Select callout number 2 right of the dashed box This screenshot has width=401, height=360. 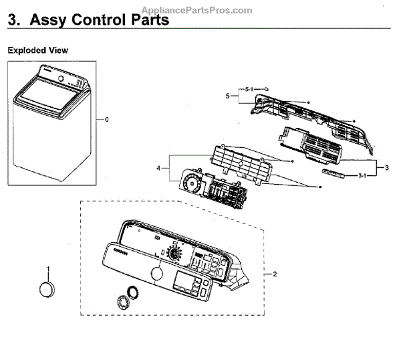coord(274,274)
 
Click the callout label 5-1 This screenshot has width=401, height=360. coord(249,89)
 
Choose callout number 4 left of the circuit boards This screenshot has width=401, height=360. coord(158,168)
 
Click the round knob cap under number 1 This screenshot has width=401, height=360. coord(48,292)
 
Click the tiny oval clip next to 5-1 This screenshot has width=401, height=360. coord(265,88)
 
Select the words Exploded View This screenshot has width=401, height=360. coord(37,50)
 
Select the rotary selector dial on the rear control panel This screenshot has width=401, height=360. coord(176,254)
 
